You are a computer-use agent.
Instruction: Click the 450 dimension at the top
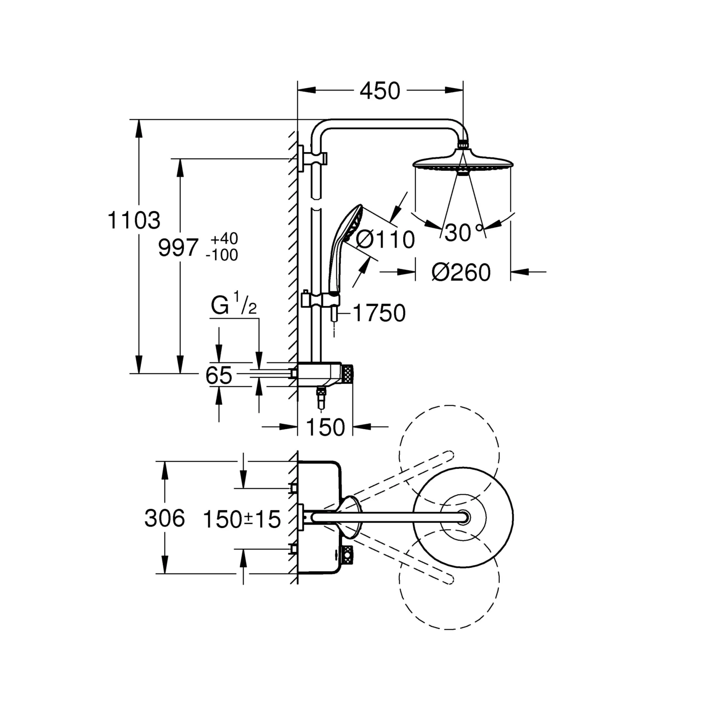380,91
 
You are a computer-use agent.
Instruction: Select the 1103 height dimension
134,221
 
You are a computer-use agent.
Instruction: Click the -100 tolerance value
222,255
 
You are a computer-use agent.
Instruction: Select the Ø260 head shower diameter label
461,272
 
